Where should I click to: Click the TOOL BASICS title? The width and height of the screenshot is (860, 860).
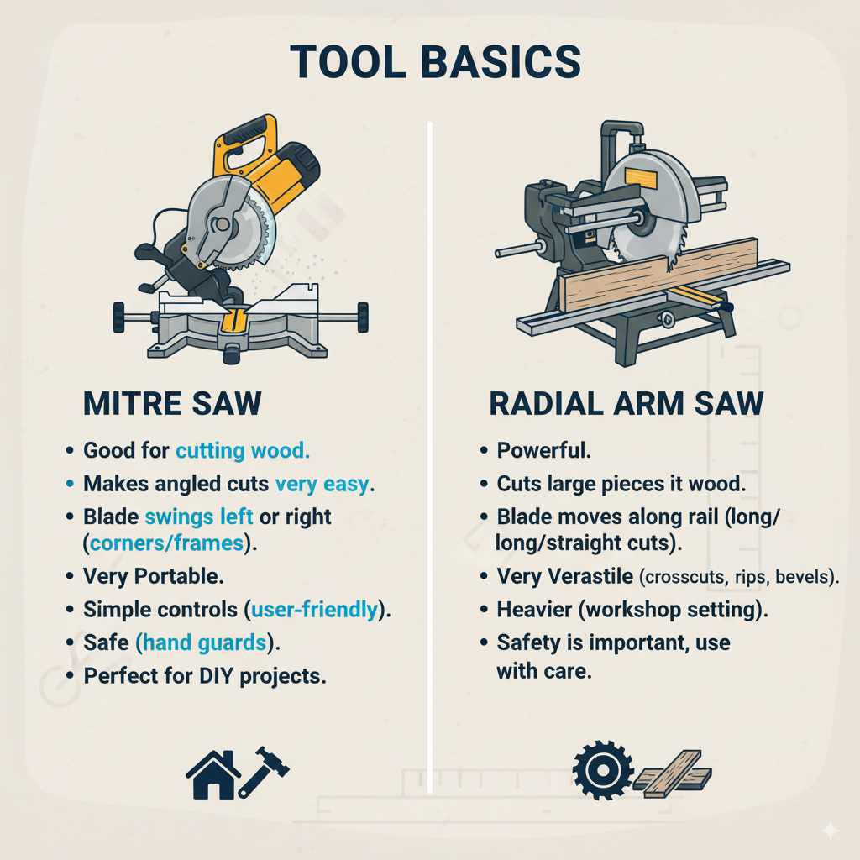click(434, 62)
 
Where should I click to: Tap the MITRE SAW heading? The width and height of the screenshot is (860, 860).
click(172, 403)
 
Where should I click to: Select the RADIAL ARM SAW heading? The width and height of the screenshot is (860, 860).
click(626, 403)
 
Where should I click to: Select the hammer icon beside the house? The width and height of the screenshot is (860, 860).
click(264, 768)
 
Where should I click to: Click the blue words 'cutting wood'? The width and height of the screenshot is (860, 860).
click(243, 451)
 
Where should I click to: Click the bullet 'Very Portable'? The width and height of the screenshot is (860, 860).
click(153, 577)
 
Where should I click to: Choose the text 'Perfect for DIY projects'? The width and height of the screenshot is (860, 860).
click(204, 675)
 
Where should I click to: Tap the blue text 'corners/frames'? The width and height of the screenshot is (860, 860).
click(166, 543)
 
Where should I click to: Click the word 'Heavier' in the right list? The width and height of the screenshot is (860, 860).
click(534, 610)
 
